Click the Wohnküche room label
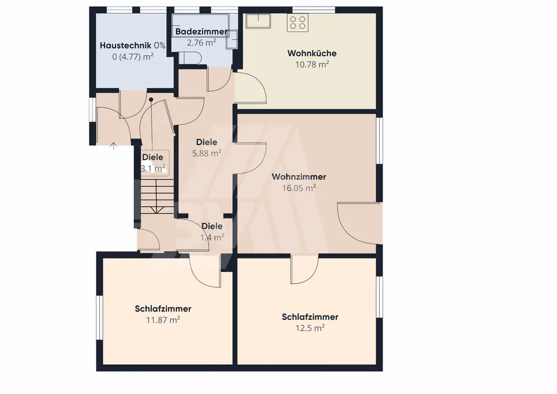point(312,53)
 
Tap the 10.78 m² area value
point(312,64)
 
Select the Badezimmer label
point(201,32)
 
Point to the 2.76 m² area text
point(202,43)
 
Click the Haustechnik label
point(125,46)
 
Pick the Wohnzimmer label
point(299,177)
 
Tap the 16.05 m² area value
point(299,188)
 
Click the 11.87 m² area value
point(163,320)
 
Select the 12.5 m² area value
point(310,328)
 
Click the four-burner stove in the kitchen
point(297,22)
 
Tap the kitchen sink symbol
point(258,21)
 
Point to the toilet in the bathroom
point(190,58)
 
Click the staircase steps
point(157,197)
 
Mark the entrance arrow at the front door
point(113,145)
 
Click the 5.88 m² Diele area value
point(207,153)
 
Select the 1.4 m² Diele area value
point(212,237)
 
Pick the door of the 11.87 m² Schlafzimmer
point(206,271)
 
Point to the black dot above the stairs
point(151,100)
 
